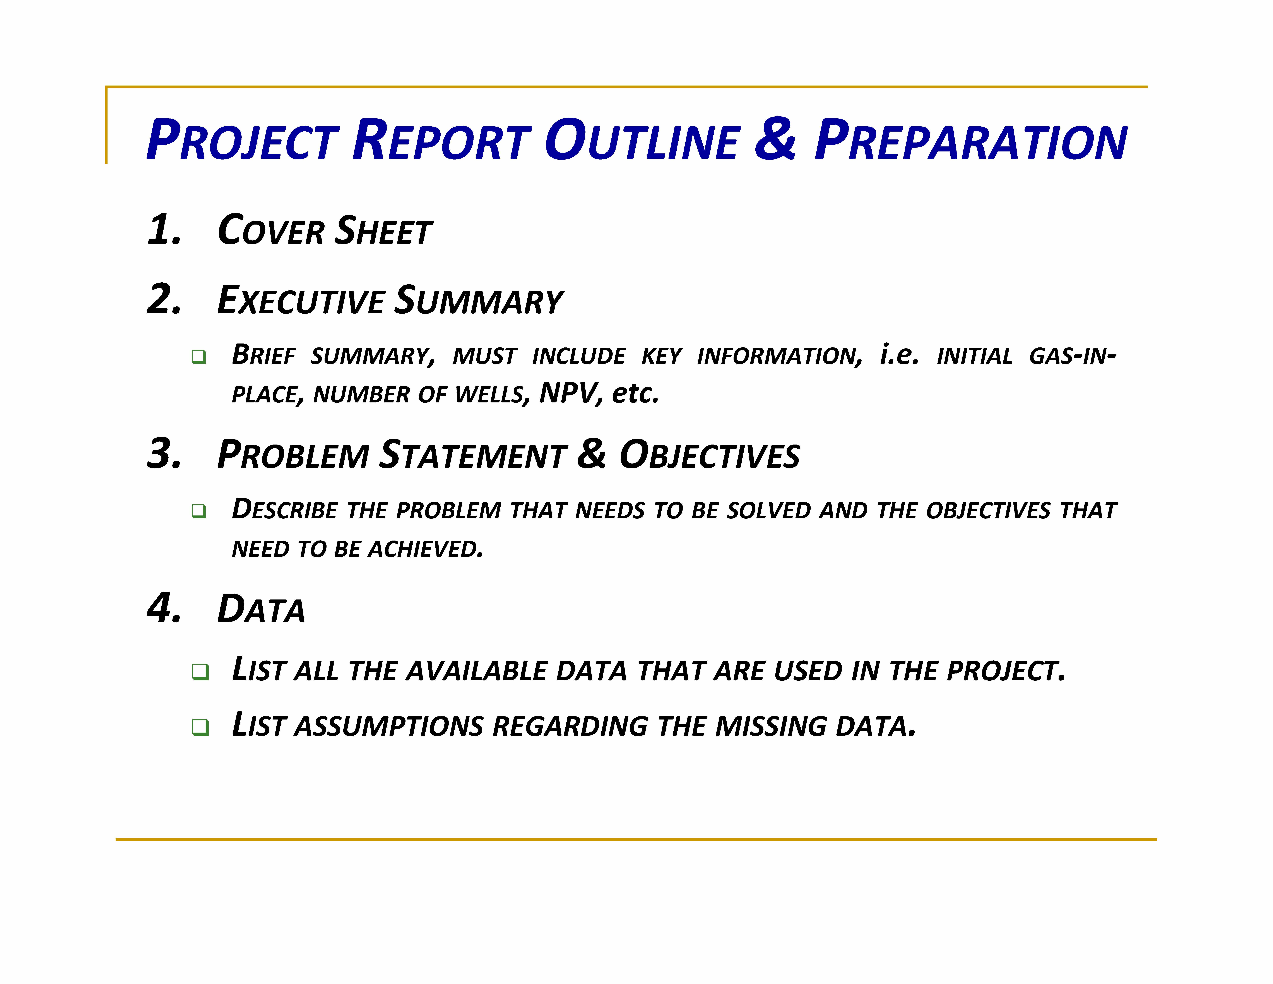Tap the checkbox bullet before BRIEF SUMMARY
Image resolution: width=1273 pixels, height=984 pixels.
coord(199,357)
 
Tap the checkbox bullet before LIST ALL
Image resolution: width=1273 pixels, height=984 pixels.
coord(200,671)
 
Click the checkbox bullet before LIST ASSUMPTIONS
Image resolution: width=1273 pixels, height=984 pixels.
coord(200,727)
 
